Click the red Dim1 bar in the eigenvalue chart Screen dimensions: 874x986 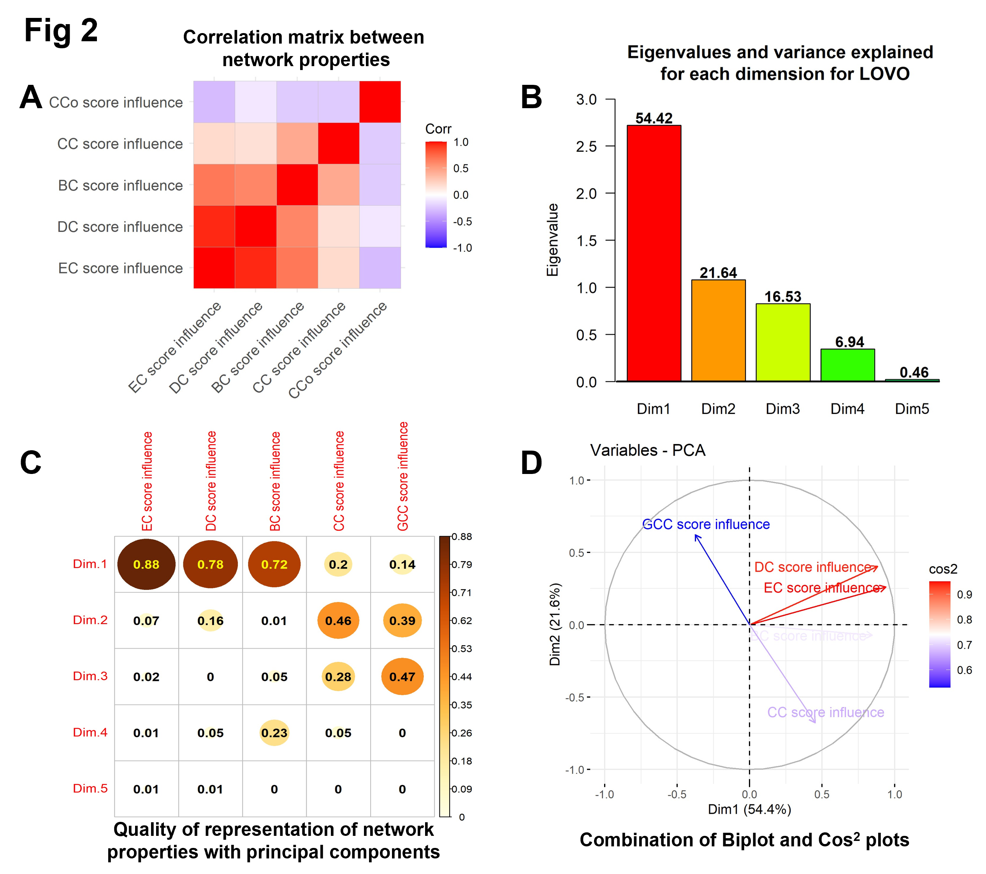point(654,253)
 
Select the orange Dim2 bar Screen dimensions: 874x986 point(718,330)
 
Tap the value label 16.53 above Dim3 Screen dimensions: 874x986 point(782,297)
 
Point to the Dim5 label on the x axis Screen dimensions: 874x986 point(912,409)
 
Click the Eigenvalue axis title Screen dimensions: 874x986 point(552,240)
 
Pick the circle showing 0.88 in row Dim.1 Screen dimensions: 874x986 point(146,564)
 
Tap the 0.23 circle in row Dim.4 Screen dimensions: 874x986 point(274,733)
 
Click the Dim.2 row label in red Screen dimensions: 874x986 point(90,620)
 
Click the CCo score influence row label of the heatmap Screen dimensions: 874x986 point(116,102)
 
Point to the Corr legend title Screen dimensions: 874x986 point(438,129)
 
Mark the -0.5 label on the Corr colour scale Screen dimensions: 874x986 point(462,221)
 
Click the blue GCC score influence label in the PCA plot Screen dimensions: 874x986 point(706,524)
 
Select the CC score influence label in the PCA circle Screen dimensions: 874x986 point(825,713)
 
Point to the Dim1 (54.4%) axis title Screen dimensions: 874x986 point(749,809)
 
